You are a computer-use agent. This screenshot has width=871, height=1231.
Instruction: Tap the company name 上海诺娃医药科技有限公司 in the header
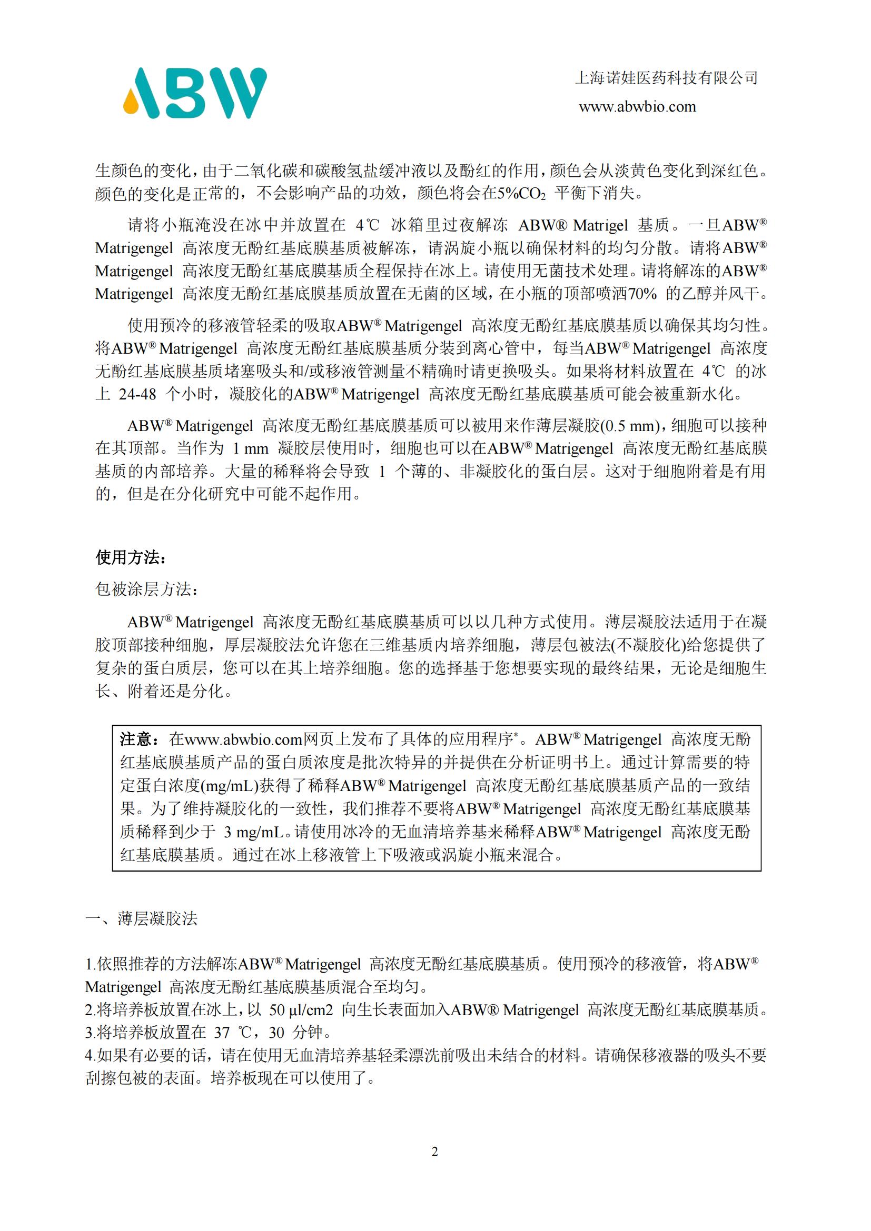pos(666,78)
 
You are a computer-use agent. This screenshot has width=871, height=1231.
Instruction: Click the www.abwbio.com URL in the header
pos(637,107)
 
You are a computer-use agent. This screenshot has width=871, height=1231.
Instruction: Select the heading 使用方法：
pos(131,557)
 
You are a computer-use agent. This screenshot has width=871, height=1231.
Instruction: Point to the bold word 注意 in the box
pos(136,739)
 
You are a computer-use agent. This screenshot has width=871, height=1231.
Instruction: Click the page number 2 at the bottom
pos(435,1151)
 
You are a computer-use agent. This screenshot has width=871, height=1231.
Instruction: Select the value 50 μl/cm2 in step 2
pos(301,1010)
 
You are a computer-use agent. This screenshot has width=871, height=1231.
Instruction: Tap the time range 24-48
pos(137,395)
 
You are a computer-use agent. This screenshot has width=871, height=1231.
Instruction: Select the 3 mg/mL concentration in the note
pos(253,832)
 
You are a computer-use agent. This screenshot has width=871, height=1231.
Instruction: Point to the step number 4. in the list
pos(91,1056)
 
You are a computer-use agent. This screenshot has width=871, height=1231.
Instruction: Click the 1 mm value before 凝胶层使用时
pos(251,449)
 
